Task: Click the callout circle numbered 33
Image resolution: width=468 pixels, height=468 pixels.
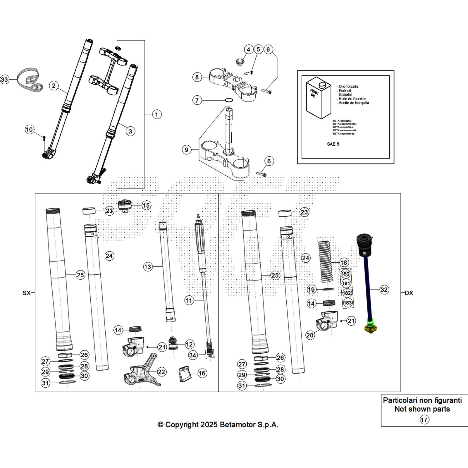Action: [x=4, y=79]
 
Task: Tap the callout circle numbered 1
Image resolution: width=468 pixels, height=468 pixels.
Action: [x=156, y=114]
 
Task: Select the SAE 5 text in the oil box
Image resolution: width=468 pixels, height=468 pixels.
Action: [x=333, y=144]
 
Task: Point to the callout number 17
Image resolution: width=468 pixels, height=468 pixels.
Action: [x=424, y=420]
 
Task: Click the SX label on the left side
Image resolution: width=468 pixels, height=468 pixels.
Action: [x=26, y=293]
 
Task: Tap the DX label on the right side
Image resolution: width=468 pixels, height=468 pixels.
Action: [x=409, y=293]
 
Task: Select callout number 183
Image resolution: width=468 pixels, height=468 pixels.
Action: [x=347, y=303]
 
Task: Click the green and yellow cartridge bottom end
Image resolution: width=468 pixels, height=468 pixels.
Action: [x=370, y=326]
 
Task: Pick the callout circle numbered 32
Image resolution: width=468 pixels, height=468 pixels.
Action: [x=384, y=290]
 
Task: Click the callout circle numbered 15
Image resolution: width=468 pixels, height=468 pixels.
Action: [x=146, y=205]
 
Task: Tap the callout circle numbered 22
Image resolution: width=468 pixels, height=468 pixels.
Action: [x=161, y=372]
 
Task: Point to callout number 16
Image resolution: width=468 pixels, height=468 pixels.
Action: [x=202, y=373]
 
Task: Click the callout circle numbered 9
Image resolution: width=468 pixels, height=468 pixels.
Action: [x=187, y=150]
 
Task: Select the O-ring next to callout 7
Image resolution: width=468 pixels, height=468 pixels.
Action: [x=229, y=100]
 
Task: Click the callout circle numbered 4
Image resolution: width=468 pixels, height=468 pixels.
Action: [x=248, y=49]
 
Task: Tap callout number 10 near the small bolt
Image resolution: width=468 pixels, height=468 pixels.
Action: [x=29, y=130]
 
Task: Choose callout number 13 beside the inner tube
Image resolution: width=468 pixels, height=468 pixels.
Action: [x=148, y=266]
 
